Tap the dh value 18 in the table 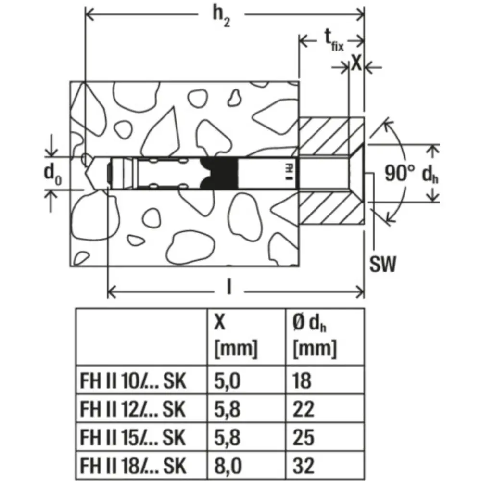[302, 382]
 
